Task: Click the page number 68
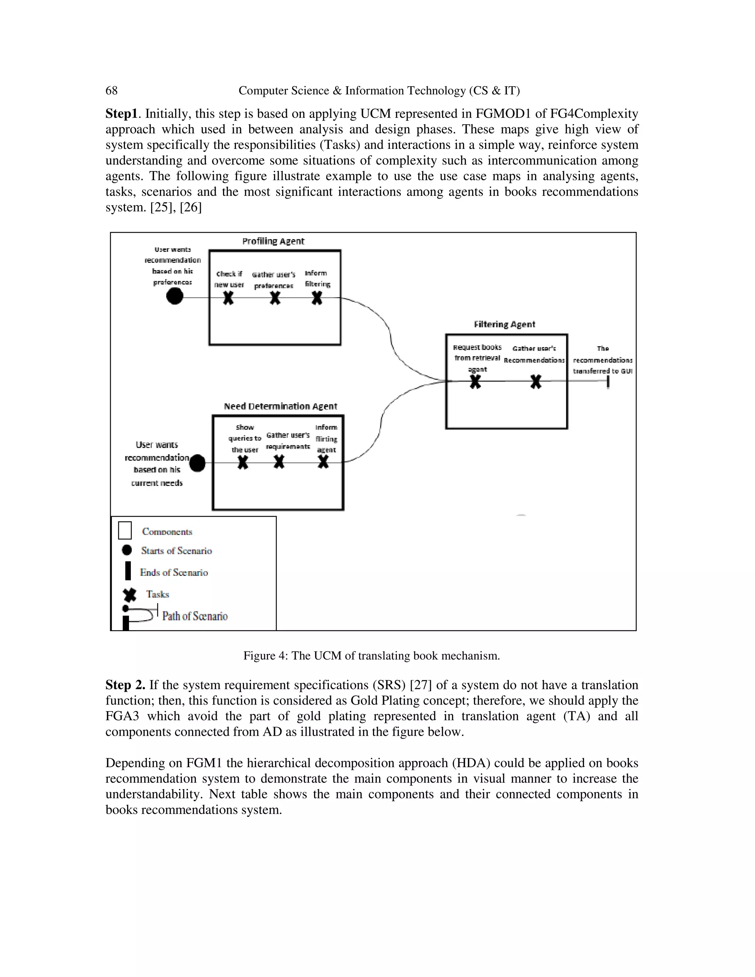click(111, 91)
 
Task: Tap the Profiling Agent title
click(273, 241)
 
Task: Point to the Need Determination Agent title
click(281, 406)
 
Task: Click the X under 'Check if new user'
click(229, 298)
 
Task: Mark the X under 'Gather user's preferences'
click(275, 298)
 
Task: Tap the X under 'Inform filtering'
click(317, 298)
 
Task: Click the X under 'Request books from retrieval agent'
click(476, 382)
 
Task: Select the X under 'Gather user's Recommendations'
click(535, 382)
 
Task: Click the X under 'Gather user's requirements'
click(279, 462)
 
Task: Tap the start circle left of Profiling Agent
click(174, 296)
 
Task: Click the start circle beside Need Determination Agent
click(197, 463)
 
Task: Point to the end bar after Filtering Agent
click(608, 382)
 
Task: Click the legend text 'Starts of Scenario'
click(176, 551)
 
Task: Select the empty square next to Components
click(125, 531)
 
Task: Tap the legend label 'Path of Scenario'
click(195, 616)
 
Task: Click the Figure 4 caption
click(371, 656)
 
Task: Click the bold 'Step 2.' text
click(125, 685)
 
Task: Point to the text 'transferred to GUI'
click(602, 371)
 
